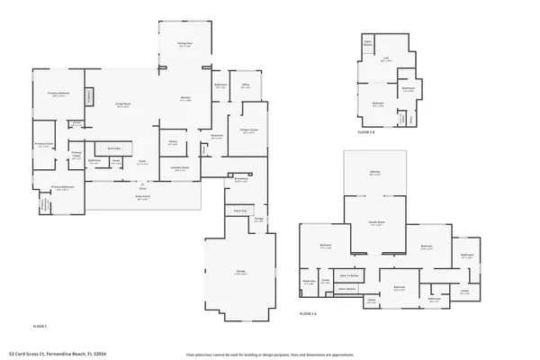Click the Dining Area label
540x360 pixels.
184,43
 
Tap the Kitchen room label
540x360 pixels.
184,99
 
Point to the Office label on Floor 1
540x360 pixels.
245,86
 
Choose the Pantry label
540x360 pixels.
173,141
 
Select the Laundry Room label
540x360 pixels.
179,168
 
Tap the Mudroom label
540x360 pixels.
217,137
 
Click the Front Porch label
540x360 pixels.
141,197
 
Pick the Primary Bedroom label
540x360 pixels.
58,94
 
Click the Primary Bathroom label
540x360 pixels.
62,189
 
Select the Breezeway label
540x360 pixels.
241,179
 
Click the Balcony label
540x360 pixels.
374,174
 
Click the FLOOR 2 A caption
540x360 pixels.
309,314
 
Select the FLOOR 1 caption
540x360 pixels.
39,325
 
